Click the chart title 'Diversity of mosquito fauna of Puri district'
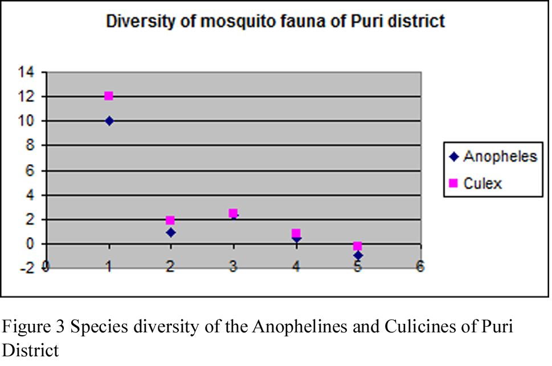coord(275,22)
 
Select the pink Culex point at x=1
coord(109,96)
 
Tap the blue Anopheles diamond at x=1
coord(109,121)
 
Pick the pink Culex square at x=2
coord(170,220)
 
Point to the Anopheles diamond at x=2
coord(171,233)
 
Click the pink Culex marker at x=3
coord(233,213)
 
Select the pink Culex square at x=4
coord(296,233)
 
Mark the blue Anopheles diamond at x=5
coord(358,255)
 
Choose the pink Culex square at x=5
coord(358,246)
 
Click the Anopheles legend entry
coord(493,157)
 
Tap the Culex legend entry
coord(476,183)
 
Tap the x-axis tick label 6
coord(420,267)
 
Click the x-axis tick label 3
coord(233,267)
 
